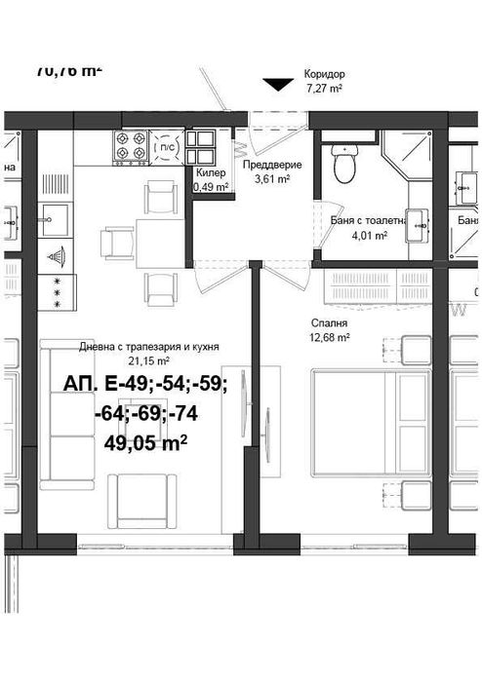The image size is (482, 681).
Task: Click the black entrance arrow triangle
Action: (x=279, y=85)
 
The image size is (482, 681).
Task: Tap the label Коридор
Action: (x=323, y=74)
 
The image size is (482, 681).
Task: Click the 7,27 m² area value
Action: (x=323, y=88)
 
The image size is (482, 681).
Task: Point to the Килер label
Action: (x=211, y=172)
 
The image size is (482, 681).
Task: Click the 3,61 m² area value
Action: (x=272, y=179)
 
